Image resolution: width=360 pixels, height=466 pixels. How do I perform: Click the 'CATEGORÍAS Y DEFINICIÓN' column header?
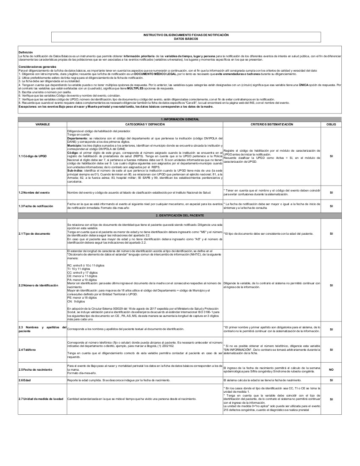coord(144,125)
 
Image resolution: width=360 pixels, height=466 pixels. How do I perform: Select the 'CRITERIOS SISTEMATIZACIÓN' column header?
coord(271,125)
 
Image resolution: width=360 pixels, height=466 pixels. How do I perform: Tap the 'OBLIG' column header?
coord(331,125)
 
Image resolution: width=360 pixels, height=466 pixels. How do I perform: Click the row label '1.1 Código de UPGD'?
coord(32,156)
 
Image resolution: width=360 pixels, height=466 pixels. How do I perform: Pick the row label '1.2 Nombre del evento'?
coord(34,192)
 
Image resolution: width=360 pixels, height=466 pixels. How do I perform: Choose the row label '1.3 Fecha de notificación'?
coord(36,206)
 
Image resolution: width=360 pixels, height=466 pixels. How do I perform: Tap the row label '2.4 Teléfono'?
coord(27,349)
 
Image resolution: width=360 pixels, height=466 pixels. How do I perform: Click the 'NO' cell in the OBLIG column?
coord(331,369)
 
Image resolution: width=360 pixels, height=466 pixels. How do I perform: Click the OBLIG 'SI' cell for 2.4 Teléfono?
coord(331,349)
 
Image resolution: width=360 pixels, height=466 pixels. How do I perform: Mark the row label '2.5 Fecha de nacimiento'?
coord(37,369)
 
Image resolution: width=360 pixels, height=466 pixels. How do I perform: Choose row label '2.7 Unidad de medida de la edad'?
coord(41,399)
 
